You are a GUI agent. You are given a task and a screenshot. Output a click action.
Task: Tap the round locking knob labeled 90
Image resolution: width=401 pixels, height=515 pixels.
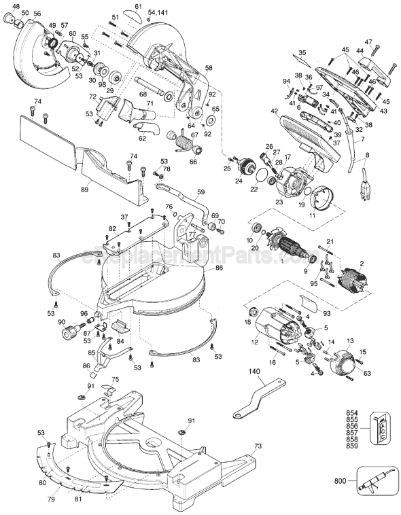click(70, 332)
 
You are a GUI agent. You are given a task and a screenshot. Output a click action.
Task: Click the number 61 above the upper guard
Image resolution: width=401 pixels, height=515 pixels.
click(138, 6)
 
